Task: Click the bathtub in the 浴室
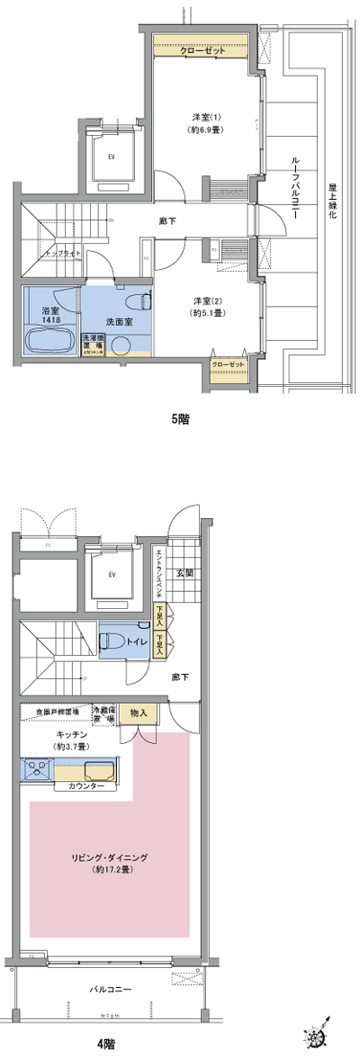click(x=49, y=342)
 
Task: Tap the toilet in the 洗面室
click(x=137, y=301)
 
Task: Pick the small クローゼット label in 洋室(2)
click(x=229, y=363)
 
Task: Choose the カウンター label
click(x=85, y=786)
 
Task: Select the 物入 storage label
click(x=139, y=712)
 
